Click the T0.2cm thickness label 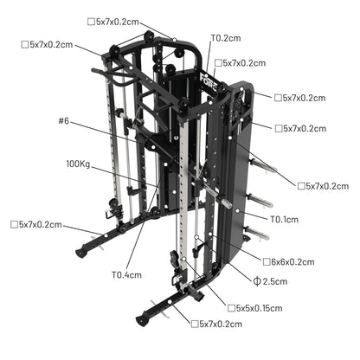(x=225, y=38)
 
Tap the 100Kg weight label (x=78, y=163)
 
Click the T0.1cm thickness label (x=285, y=220)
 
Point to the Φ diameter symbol (x=258, y=281)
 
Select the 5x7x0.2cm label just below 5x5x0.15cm (x=221, y=324)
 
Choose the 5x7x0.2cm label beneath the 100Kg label (x=36, y=225)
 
